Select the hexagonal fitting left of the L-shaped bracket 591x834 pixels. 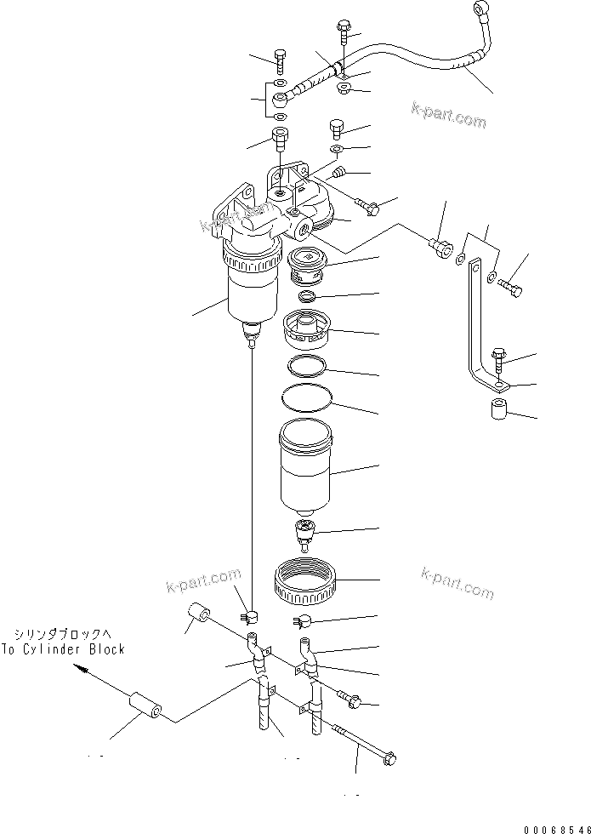(x=440, y=248)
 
